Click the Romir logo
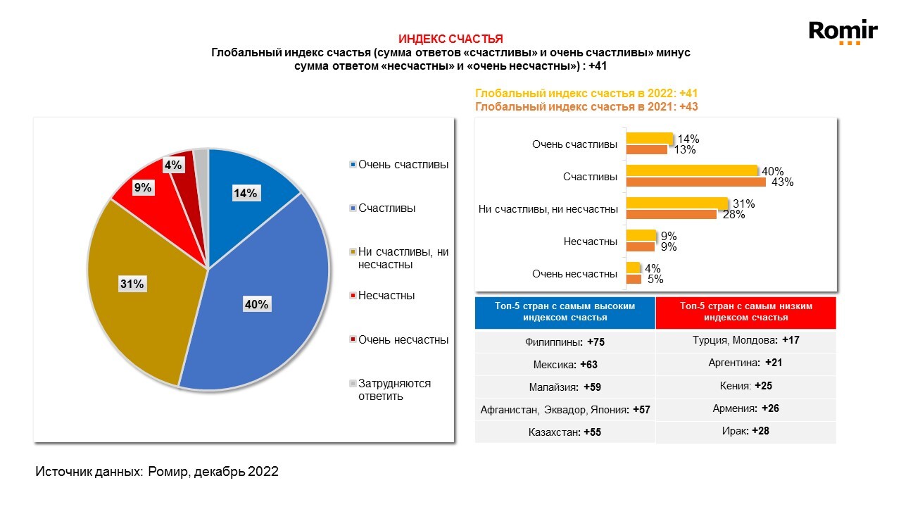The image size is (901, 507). pos(843,32)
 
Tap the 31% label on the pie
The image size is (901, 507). pos(132,284)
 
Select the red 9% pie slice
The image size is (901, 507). pos(151,197)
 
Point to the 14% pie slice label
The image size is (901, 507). pos(245,193)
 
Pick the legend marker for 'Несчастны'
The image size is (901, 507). pos(353,296)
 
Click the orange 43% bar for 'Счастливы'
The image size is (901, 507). pos(694,182)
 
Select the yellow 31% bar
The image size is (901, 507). pos(676,204)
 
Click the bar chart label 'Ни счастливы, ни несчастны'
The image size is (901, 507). pos(548,209)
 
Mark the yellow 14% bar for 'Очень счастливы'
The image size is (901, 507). pos(650,139)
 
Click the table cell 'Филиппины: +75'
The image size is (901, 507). pos(565,342)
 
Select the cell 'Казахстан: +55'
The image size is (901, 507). pos(565,432)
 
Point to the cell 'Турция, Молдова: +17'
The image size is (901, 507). pos(745,341)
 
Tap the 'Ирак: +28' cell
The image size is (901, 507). pos(745,431)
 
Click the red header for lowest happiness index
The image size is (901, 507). pos(745,312)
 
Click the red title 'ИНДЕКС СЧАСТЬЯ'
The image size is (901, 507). pos(450,39)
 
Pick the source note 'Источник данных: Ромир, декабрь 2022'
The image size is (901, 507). pos(157,472)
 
